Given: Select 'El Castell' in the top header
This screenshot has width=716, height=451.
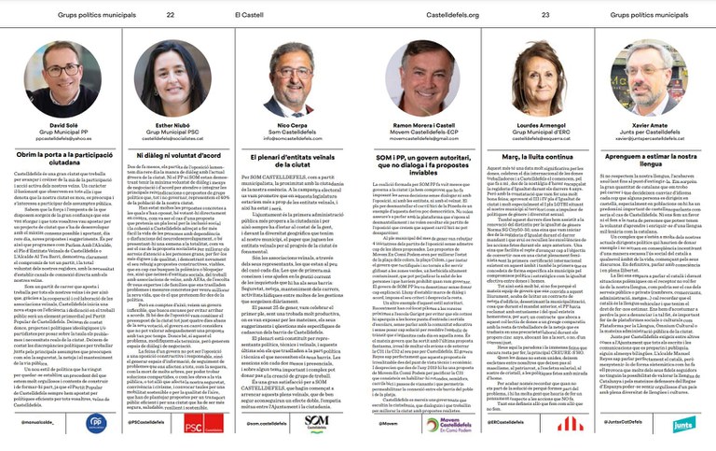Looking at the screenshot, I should point(248,15).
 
